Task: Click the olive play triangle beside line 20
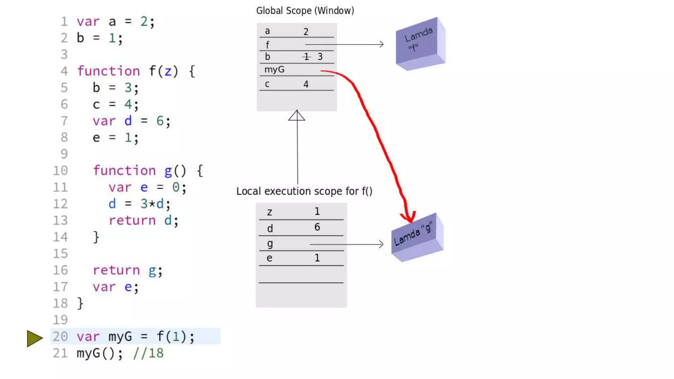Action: point(34,338)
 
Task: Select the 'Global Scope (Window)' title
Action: point(305,11)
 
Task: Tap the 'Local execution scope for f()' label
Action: point(304,191)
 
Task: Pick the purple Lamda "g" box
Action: point(417,237)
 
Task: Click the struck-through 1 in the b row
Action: point(306,57)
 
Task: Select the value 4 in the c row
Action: point(306,84)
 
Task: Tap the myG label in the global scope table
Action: point(274,69)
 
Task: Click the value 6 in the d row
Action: point(317,227)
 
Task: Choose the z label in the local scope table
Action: point(270,212)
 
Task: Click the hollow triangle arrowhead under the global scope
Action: point(297,115)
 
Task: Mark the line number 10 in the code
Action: point(60,170)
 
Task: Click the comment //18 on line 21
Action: point(148,353)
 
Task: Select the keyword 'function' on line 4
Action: point(109,71)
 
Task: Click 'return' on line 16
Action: point(116,270)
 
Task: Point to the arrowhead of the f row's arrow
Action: point(381,44)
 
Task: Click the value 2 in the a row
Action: point(306,32)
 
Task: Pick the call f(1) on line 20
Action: point(171,337)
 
